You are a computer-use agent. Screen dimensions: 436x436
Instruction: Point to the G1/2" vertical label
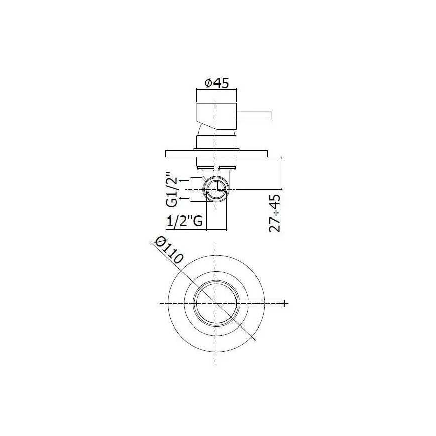(172, 191)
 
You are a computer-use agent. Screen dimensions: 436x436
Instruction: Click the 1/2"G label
(184, 221)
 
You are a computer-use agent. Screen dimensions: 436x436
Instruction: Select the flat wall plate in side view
(215, 153)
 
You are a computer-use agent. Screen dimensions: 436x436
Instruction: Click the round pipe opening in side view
(216, 190)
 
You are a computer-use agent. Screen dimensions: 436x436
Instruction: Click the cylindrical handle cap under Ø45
(215, 115)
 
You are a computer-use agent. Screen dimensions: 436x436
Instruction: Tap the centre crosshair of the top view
(215, 303)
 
